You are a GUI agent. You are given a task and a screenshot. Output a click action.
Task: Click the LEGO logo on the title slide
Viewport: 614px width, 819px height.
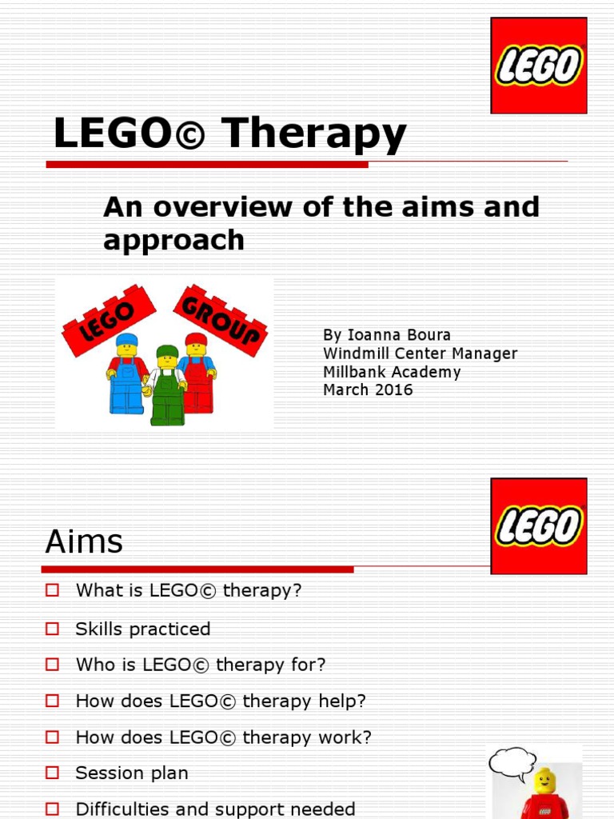(x=539, y=65)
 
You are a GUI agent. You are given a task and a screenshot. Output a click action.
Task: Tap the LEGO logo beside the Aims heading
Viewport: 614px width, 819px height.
(x=539, y=526)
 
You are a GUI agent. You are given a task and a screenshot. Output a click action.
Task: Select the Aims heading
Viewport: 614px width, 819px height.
(x=84, y=542)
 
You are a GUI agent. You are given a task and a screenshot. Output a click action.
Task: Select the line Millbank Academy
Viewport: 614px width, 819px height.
(x=392, y=372)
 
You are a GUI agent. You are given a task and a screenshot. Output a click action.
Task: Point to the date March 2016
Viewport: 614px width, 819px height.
(x=368, y=390)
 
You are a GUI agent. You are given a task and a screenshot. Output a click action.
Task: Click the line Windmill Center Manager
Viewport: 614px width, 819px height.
(x=420, y=354)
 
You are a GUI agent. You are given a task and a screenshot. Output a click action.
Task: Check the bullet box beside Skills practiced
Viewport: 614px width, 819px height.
(x=53, y=629)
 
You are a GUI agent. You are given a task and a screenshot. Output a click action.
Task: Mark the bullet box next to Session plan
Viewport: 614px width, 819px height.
(x=53, y=773)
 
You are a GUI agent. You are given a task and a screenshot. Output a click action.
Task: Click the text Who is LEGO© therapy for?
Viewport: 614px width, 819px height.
(x=201, y=665)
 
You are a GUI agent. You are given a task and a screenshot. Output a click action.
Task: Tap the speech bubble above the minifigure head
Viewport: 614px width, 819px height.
(x=511, y=762)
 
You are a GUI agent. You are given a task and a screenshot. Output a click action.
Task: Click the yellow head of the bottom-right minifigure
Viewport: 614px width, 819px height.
(x=545, y=781)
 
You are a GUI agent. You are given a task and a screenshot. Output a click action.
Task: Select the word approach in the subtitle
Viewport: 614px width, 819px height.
(x=173, y=240)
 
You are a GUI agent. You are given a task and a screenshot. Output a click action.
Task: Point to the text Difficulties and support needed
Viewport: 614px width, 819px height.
(x=215, y=809)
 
